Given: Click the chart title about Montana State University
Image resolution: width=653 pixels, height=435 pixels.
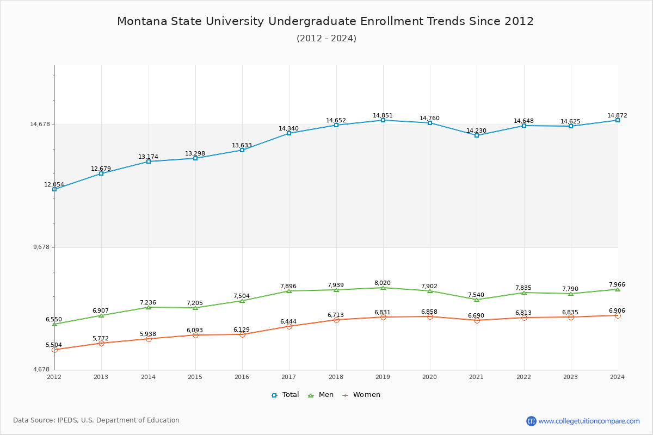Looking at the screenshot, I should pyautogui.click(x=325, y=21).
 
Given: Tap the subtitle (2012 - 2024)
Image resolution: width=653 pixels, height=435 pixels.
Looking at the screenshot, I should pyautogui.click(x=326, y=39).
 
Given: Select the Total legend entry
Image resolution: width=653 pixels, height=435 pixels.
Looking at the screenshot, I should pyautogui.click(x=285, y=395).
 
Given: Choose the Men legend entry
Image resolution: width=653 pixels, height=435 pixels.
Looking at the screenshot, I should pyautogui.click(x=321, y=395).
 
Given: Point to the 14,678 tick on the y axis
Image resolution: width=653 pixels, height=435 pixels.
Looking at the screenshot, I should pyautogui.click(x=40, y=125).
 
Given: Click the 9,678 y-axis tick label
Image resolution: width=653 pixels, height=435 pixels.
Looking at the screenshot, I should pyautogui.click(x=41, y=247).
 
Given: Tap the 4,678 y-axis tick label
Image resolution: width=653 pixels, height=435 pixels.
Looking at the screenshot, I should pyautogui.click(x=41, y=370).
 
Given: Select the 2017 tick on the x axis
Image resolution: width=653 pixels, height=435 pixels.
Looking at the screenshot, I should pyautogui.click(x=289, y=377).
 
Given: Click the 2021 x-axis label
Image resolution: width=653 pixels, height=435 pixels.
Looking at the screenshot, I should pyautogui.click(x=477, y=377).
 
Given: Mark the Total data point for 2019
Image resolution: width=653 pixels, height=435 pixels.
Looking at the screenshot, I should pyautogui.click(x=383, y=120).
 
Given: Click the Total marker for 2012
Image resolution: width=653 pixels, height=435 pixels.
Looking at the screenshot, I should pyautogui.click(x=54, y=189).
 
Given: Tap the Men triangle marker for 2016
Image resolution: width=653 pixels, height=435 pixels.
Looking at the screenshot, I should pyautogui.click(x=242, y=301).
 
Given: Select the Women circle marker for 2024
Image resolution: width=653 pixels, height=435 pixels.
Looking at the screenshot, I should pyautogui.click(x=618, y=315).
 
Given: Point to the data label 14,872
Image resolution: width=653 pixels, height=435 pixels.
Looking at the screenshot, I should pyautogui.click(x=617, y=115).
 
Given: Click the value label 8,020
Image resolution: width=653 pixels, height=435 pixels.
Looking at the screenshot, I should pyautogui.click(x=383, y=283).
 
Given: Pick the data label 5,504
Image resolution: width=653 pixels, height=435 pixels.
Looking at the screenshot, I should pyautogui.click(x=54, y=345).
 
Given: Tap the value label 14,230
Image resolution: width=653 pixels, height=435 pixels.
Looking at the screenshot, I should pyautogui.click(x=476, y=130).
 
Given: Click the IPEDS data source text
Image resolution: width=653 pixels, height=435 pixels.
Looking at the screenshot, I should pyautogui.click(x=96, y=420).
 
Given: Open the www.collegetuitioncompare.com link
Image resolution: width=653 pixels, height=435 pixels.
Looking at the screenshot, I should pyautogui.click(x=589, y=421).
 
